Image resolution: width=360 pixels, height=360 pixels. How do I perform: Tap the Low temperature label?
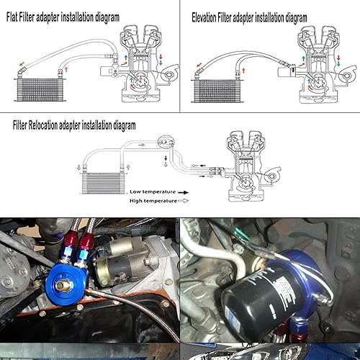click(x=154, y=192)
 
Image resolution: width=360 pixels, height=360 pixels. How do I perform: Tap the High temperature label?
click(x=155, y=202)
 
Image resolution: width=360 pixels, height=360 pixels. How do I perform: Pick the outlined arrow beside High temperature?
click(x=193, y=202)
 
